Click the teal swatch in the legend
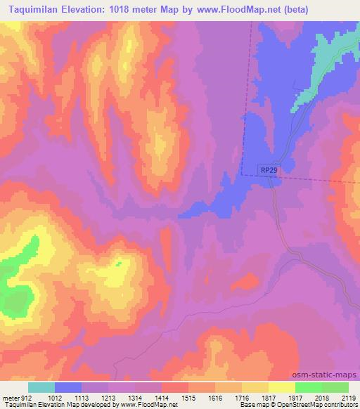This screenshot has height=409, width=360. tap(41, 387)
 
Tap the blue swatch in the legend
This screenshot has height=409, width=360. tap(68, 387)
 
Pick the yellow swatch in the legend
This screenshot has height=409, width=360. tap(281, 387)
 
